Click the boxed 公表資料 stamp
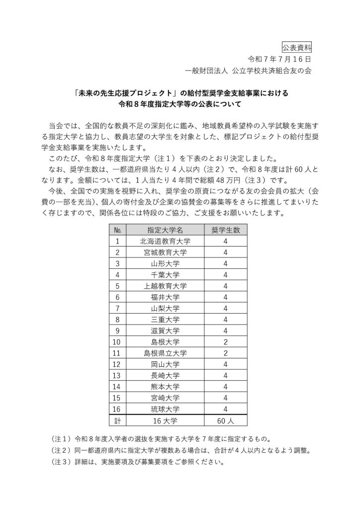(298, 48)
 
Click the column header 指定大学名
(165, 230)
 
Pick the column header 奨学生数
(225, 230)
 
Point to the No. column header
(118, 230)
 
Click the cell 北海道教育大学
(165, 241)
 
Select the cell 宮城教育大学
(165, 252)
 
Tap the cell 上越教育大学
(165, 285)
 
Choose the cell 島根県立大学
(165, 352)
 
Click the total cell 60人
(225, 420)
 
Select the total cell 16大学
(165, 420)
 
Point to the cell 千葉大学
(165, 274)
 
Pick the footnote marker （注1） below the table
(62, 439)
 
